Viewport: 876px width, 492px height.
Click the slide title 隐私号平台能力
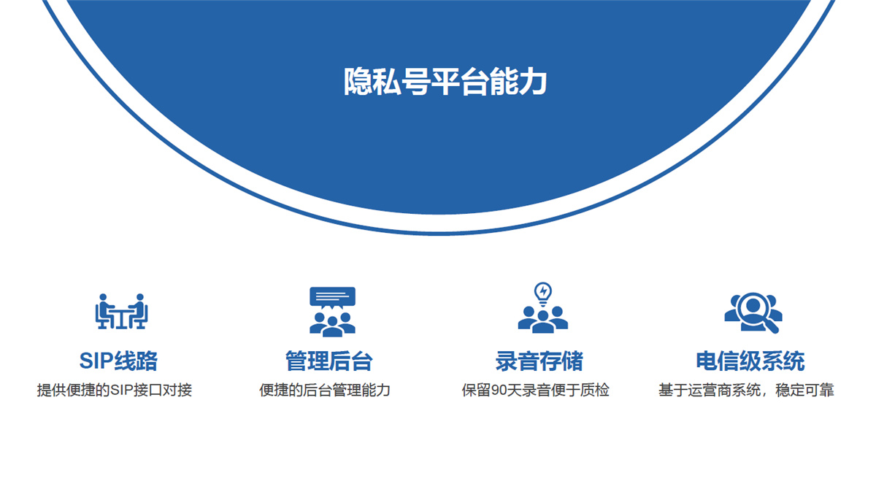(x=445, y=82)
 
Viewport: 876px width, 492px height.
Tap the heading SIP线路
(x=118, y=361)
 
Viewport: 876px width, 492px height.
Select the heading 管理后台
(x=329, y=361)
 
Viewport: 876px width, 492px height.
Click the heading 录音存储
(x=539, y=361)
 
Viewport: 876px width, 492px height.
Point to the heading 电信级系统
(x=750, y=361)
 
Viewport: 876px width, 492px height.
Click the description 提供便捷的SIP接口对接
(x=115, y=390)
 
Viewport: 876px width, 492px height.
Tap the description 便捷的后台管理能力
(x=325, y=390)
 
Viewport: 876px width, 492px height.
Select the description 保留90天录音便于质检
(x=535, y=390)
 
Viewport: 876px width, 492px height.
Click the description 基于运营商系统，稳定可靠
(x=746, y=390)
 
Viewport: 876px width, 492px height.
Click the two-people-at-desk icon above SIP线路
(x=121, y=311)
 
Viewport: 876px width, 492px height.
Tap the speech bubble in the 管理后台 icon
(x=332, y=297)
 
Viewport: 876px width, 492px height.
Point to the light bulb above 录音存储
(x=543, y=294)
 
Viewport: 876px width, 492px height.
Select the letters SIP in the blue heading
(x=96, y=361)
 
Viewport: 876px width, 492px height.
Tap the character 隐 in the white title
(x=358, y=82)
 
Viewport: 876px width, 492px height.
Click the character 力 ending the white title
(x=533, y=82)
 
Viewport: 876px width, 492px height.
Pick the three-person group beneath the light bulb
(x=543, y=320)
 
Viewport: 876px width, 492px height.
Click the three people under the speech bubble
(x=332, y=325)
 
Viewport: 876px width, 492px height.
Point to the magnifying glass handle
(x=770, y=326)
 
